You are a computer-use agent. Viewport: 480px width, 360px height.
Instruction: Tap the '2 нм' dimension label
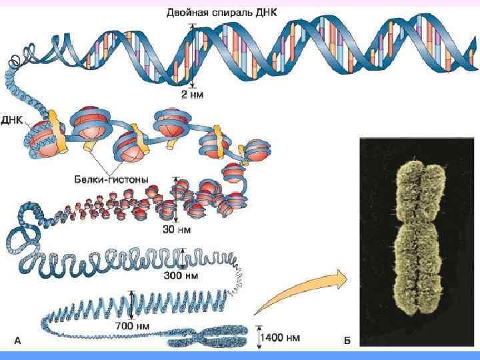[x=193, y=95]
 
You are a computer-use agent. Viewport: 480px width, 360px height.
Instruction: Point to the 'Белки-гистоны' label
[x=111, y=179]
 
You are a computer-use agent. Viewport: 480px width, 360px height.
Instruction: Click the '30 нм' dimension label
[x=177, y=229]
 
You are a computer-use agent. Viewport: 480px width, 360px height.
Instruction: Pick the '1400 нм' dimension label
[x=281, y=337]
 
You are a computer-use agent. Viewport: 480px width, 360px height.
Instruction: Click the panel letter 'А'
[x=18, y=340]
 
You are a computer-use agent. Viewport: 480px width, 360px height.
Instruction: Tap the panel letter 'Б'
[x=347, y=340]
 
